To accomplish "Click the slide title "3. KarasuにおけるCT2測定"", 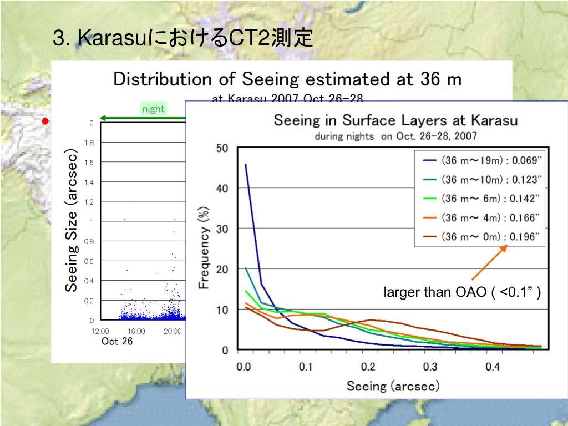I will click(183, 39).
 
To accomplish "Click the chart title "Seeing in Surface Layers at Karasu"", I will click(395, 120).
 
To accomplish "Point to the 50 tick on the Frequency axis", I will click(222, 148).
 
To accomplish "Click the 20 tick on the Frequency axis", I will click(222, 270).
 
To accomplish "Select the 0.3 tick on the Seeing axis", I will click(430, 367).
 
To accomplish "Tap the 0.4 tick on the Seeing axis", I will click(493, 367).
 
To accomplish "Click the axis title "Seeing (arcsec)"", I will click(393, 386).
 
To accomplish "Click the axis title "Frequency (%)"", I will click(204, 247).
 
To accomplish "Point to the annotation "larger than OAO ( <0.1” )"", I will click(462, 292).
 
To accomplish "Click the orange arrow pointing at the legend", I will click(489, 263).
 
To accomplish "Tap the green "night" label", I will click(153, 109).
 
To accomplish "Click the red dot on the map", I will click(45, 121).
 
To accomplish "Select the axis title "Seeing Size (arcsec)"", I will click(71, 220).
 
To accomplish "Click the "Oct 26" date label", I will click(117, 341).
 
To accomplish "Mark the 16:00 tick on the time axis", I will click(136, 331).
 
